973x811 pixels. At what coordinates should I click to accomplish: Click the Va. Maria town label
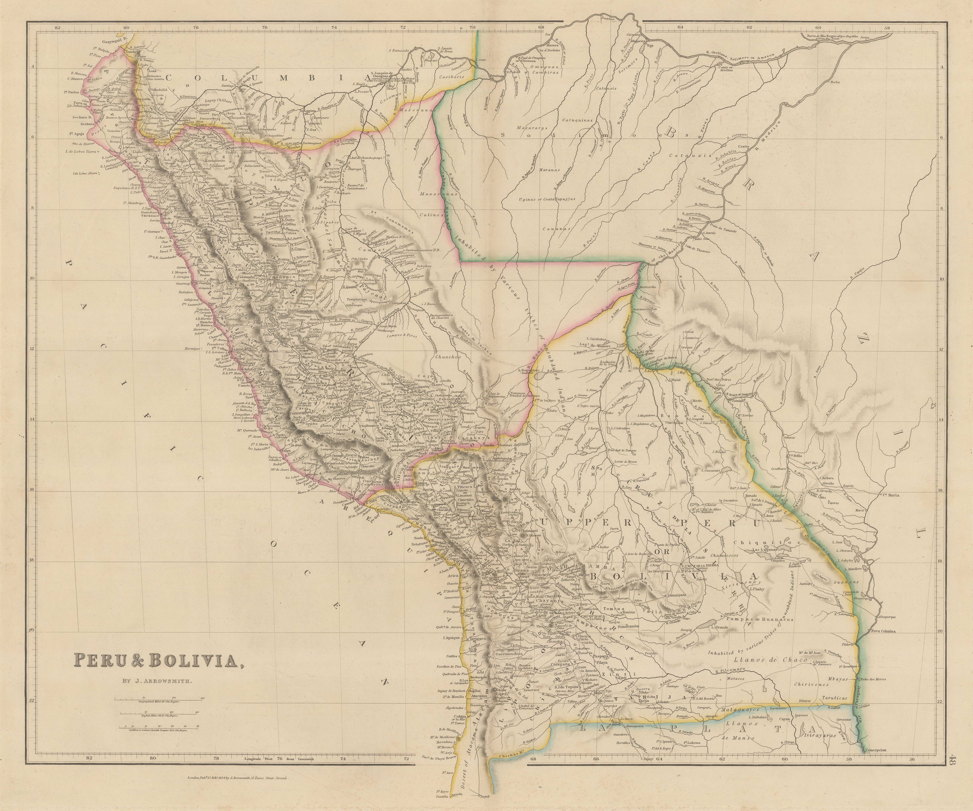(890, 495)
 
